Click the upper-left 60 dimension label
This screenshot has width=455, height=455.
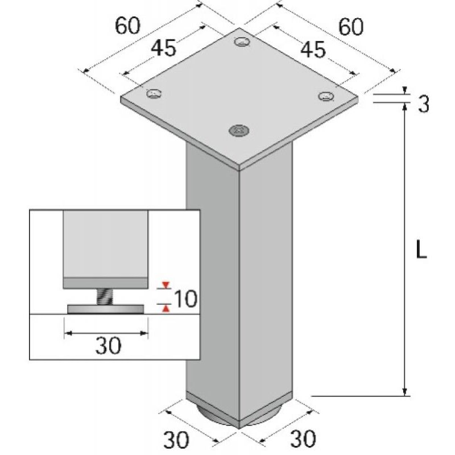pyautogui.click(x=127, y=26)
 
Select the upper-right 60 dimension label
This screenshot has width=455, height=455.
pyautogui.click(x=351, y=27)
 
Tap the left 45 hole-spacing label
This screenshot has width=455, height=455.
pyautogui.click(x=163, y=48)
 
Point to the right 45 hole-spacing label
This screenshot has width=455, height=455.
pyautogui.click(x=313, y=49)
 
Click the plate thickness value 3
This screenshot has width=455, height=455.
pyautogui.click(x=423, y=104)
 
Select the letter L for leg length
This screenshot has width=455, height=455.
pyautogui.click(x=421, y=250)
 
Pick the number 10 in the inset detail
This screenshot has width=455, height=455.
pyautogui.click(x=186, y=299)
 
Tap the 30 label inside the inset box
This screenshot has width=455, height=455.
pyautogui.click(x=108, y=346)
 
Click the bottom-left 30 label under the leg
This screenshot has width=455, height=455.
pyautogui.click(x=176, y=440)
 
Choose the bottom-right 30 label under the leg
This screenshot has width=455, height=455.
pyautogui.click(x=303, y=438)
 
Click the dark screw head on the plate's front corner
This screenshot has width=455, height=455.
pyautogui.click(x=239, y=130)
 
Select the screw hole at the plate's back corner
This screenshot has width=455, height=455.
pyautogui.click(x=242, y=42)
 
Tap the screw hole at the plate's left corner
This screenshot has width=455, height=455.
pyautogui.click(x=154, y=93)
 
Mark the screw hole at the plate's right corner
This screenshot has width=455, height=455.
pyautogui.click(x=326, y=96)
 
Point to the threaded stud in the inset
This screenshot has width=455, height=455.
pyautogui.click(x=105, y=296)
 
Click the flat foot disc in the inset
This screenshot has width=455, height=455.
pyautogui.click(x=106, y=309)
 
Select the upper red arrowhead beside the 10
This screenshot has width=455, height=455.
pyautogui.click(x=166, y=285)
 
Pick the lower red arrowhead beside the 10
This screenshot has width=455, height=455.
pyautogui.click(x=166, y=308)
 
